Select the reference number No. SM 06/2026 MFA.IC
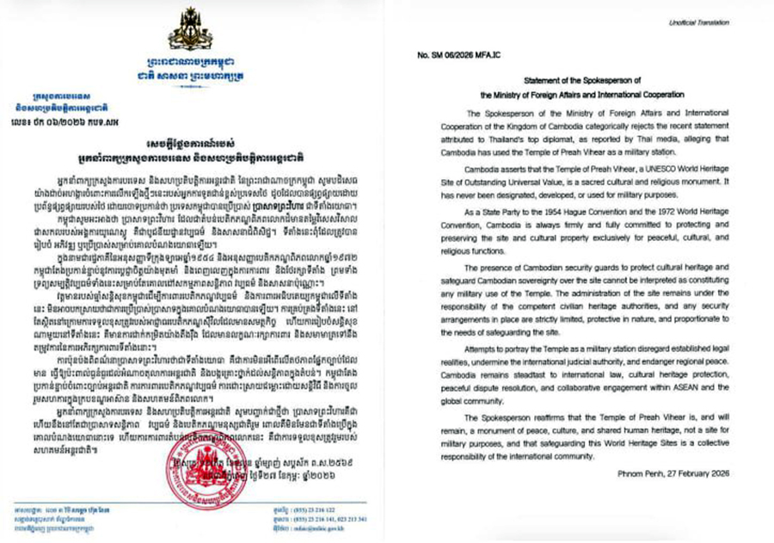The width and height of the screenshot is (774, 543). coord(464,55)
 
